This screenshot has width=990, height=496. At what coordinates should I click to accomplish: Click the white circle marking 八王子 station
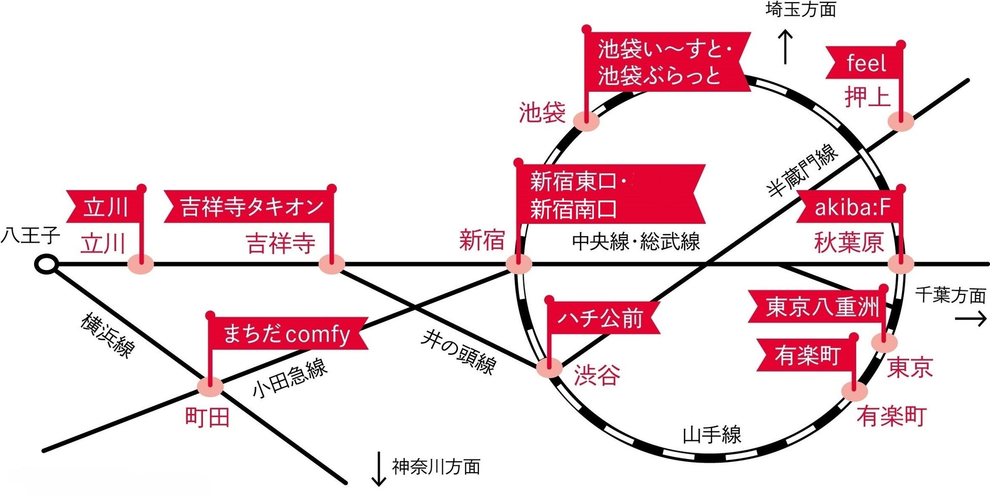click(47, 264)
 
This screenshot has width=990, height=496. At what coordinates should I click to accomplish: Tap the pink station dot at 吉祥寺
click(332, 264)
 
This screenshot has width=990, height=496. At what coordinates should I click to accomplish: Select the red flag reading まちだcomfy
click(287, 334)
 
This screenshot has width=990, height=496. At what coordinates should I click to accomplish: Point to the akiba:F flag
click(851, 207)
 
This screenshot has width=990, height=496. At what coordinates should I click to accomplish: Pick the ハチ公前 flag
click(601, 318)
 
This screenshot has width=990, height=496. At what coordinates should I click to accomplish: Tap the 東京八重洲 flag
click(818, 307)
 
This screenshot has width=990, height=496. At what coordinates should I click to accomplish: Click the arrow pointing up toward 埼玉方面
click(785, 47)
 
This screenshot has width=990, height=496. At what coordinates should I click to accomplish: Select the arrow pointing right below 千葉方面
click(971, 319)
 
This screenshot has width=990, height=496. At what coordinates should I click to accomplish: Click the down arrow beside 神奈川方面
click(378, 469)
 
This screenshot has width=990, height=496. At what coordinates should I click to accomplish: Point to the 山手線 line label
click(712, 435)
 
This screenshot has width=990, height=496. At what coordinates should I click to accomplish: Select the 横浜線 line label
click(108, 335)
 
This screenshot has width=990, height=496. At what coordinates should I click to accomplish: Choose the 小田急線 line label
click(290, 378)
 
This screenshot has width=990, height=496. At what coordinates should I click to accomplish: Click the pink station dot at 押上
click(901, 121)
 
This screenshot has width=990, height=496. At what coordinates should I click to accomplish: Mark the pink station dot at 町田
click(210, 387)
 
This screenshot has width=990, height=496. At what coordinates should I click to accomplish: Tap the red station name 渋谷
click(597, 375)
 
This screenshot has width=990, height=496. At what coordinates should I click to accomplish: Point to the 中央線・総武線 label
click(636, 242)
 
